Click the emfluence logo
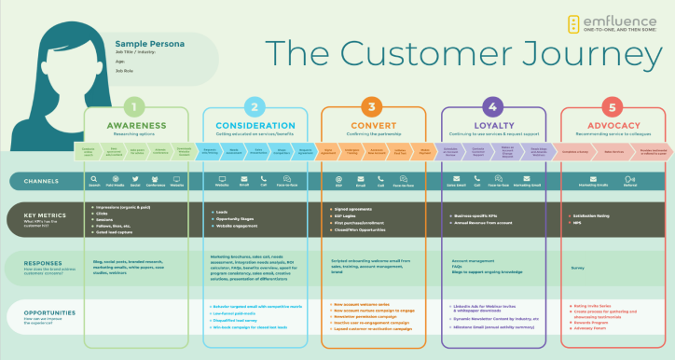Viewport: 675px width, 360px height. tap(611, 24)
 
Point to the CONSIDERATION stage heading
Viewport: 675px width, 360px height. tap(255, 125)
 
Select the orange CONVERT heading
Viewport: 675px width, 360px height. tap(374, 125)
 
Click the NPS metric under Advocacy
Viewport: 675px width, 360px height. tap(578, 224)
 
